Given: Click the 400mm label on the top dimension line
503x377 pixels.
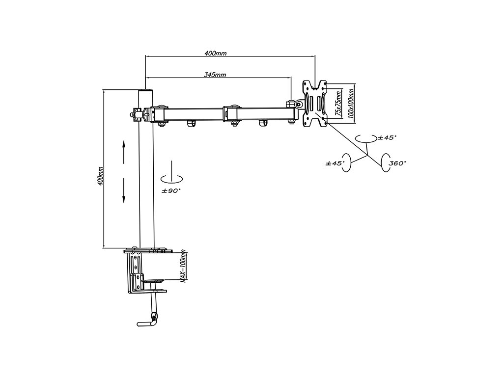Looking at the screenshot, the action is click(x=216, y=53).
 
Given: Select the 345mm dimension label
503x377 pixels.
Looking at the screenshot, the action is click(x=215, y=75).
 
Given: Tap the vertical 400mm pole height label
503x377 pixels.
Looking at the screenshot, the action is click(x=100, y=175).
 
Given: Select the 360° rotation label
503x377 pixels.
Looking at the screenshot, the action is click(x=397, y=162).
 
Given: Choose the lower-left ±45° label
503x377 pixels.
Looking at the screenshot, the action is click(x=335, y=162).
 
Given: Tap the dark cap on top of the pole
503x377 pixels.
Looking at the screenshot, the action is click(x=145, y=92).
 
